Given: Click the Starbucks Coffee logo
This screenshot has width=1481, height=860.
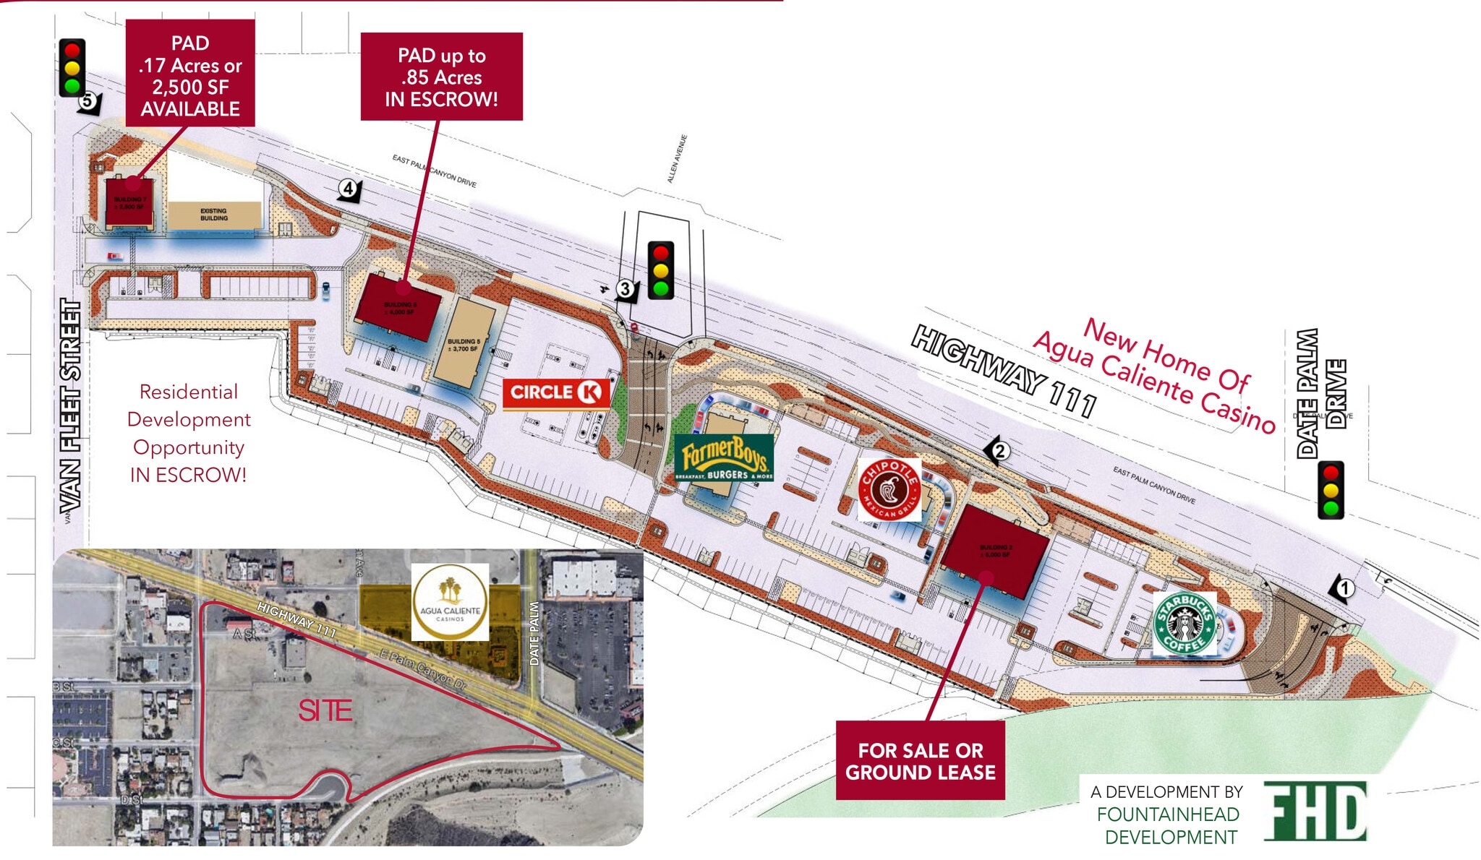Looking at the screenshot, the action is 1184,623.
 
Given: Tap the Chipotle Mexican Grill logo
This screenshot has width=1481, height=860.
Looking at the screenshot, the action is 889,489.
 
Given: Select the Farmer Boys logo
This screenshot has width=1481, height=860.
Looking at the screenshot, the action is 724,457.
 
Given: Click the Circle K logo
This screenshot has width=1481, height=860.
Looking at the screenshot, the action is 556,393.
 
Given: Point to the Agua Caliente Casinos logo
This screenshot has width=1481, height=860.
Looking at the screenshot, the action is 450,602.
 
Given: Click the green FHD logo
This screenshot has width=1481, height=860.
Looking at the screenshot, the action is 1315,811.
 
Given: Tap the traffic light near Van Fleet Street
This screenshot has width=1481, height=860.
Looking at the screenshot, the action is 72,68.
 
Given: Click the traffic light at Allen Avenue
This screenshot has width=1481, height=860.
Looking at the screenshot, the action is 660,270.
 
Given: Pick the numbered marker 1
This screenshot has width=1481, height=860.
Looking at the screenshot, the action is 1343,589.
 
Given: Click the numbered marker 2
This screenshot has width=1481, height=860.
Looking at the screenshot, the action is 999,452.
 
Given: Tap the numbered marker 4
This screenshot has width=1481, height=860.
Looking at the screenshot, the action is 349,189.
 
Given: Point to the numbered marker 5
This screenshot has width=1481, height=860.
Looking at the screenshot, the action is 88,101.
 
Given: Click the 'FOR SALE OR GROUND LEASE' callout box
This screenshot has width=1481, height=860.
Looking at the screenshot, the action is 920,760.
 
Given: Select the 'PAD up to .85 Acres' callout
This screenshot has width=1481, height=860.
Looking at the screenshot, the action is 441,77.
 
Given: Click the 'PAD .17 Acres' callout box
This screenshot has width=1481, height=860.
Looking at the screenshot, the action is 190,74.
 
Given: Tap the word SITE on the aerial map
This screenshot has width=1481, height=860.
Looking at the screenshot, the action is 325,711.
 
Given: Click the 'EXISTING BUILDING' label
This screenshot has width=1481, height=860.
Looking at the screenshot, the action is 214,215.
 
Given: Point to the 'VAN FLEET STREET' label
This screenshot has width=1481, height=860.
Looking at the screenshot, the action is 70,406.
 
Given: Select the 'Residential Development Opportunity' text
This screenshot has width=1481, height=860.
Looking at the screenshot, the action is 188,433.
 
